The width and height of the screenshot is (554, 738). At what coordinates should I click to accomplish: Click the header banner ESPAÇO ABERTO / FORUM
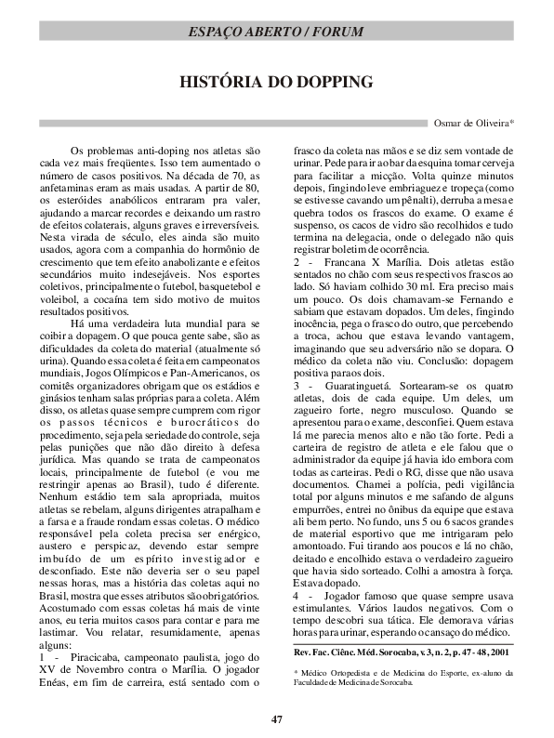[x=276, y=31]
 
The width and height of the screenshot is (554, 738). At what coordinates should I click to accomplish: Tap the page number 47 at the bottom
[x=276, y=718]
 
